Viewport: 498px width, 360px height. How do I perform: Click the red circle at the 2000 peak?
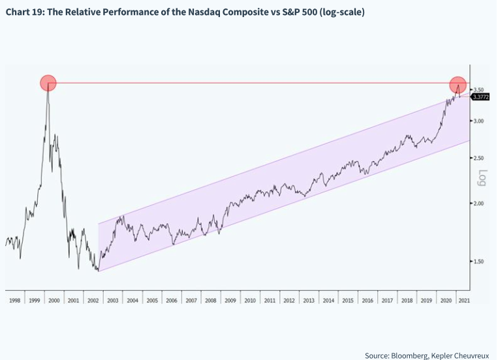pos(48,83)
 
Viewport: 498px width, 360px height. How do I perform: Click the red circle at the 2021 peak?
pos(459,84)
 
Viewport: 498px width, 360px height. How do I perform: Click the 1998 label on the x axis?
pos(15,301)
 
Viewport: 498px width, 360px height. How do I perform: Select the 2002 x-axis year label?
pos(93,301)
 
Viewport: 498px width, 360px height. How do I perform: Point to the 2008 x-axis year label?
pos(210,301)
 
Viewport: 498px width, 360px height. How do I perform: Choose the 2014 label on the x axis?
pos(328,301)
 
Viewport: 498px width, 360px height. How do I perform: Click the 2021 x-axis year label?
pos(463,301)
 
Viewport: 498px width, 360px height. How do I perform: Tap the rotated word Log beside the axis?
pos(484,177)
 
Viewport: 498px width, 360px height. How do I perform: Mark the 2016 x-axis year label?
pos(367,301)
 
